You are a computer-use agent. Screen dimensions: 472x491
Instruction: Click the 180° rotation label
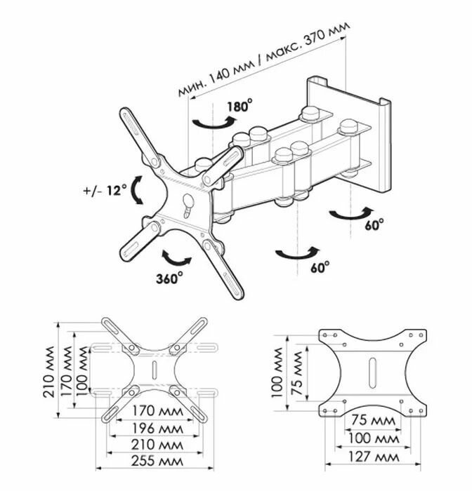(240, 107)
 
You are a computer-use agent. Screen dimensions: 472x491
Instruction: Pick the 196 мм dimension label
(153, 428)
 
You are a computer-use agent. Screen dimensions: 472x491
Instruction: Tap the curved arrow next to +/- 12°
(137, 190)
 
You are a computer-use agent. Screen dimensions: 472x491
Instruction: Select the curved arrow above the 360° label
(176, 255)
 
